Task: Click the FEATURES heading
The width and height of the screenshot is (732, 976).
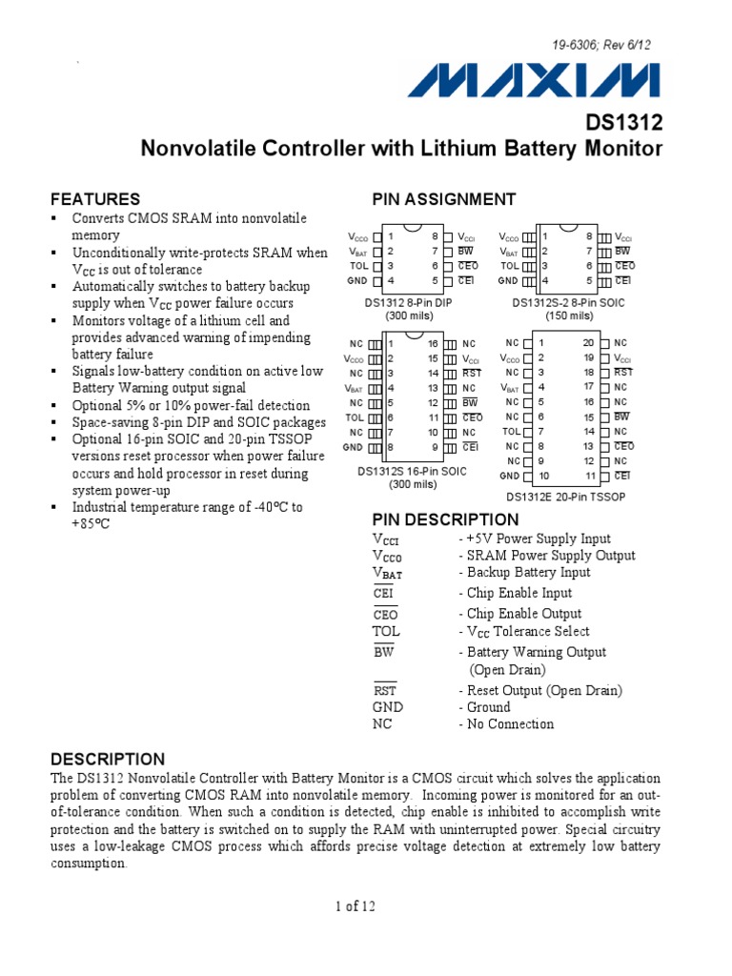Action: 95,199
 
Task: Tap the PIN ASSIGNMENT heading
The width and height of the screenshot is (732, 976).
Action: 443,199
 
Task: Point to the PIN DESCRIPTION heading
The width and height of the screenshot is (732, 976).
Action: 445,519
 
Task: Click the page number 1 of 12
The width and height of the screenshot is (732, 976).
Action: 356,906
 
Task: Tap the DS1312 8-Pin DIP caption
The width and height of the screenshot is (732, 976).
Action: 409,302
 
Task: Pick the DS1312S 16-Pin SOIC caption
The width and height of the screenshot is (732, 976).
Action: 412,471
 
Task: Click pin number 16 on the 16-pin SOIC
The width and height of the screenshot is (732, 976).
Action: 433,343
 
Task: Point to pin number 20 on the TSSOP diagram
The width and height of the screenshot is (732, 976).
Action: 589,342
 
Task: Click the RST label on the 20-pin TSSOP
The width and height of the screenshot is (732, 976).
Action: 622,373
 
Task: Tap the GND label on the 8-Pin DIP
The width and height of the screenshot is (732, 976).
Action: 357,281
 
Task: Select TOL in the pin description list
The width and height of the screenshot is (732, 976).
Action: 387,631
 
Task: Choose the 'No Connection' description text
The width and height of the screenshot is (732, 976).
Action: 510,723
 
